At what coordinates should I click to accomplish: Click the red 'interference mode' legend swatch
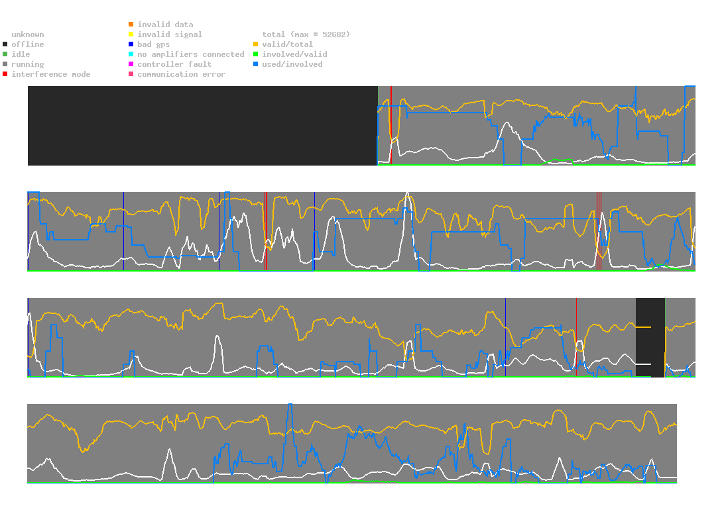(5, 74)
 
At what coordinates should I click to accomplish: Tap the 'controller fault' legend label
(174, 64)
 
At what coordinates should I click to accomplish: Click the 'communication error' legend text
(181, 74)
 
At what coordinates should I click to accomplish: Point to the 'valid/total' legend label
(287, 44)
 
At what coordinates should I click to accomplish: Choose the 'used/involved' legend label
(292, 64)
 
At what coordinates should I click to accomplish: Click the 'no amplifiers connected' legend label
(191, 54)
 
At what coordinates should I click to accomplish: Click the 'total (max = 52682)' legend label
(306, 34)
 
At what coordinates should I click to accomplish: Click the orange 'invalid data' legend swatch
(131, 25)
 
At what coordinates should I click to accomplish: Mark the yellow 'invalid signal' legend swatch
(131, 34)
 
